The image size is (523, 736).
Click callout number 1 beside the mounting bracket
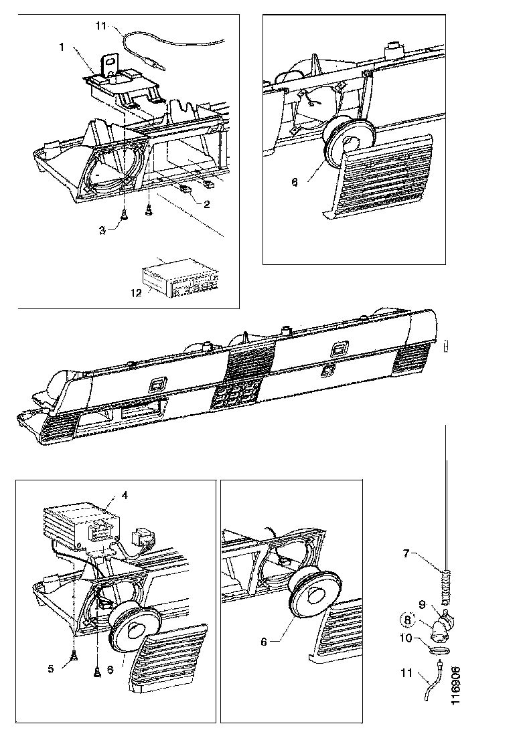pyautogui.click(x=62, y=47)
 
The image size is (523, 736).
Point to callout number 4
pyautogui.click(x=124, y=495)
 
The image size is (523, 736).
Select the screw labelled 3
pyautogui.click(x=124, y=214)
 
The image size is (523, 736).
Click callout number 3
pyautogui.click(x=102, y=231)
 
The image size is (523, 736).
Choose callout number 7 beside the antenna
pyautogui.click(x=406, y=554)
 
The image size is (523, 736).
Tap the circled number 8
pyautogui.click(x=407, y=620)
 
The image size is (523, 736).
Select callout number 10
pyautogui.click(x=406, y=638)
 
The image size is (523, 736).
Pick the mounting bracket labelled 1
pyautogui.click(x=123, y=86)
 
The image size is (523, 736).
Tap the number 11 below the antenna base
pyautogui.click(x=406, y=673)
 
